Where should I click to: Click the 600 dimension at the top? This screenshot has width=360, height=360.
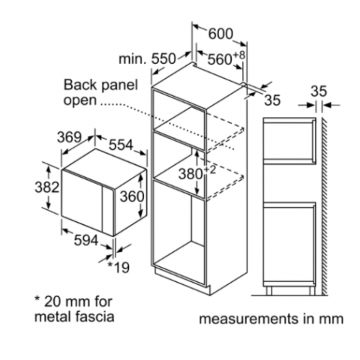(x=220, y=34)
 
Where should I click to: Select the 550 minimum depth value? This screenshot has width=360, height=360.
(x=163, y=59)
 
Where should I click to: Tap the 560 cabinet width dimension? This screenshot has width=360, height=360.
(x=220, y=59)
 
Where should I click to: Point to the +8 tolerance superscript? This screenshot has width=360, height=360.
(x=238, y=55)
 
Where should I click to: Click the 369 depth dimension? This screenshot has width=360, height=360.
(x=69, y=137)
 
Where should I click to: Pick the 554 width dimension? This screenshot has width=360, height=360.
(x=121, y=145)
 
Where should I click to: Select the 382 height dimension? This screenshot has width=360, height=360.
(x=47, y=187)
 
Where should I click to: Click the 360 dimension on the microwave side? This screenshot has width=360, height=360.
(x=132, y=196)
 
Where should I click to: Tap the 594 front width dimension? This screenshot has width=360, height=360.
(x=86, y=240)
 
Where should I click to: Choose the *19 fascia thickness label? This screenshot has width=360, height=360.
(x=118, y=267)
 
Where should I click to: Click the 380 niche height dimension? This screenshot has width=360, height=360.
(x=190, y=173)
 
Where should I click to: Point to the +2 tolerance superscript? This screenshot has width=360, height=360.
(x=210, y=169)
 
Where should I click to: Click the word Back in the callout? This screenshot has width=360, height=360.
(x=79, y=85)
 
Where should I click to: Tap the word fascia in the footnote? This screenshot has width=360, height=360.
(x=94, y=316)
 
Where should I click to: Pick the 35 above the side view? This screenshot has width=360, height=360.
(x=319, y=91)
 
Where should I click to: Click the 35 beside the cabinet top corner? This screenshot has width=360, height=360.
(x=272, y=100)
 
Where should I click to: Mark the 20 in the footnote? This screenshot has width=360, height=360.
(x=52, y=301)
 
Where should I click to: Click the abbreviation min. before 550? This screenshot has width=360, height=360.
(x=133, y=59)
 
